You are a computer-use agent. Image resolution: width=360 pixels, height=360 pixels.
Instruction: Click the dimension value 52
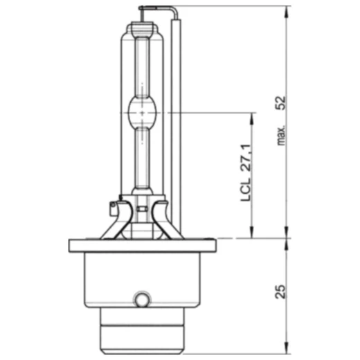click(280, 102)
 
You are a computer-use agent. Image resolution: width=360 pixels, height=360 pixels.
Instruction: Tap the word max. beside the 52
click(281, 133)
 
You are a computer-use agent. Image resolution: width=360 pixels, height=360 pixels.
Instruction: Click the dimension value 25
click(280, 291)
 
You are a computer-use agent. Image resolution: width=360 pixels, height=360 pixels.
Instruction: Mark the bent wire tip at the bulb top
click(143, 9)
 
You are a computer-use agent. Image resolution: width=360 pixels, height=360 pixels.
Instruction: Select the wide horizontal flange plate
click(142, 245)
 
